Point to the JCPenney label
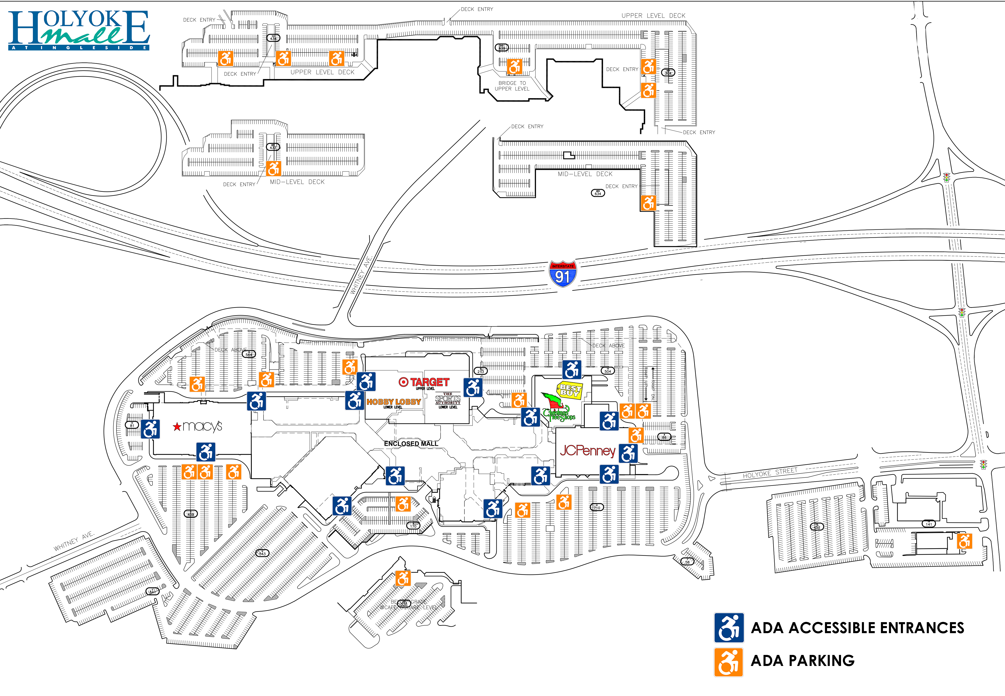coord(587,451)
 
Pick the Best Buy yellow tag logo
coord(569,390)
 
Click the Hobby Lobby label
coord(393,402)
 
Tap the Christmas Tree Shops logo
coord(558,410)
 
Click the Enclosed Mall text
coord(411,443)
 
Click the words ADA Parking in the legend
coord(802,661)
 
